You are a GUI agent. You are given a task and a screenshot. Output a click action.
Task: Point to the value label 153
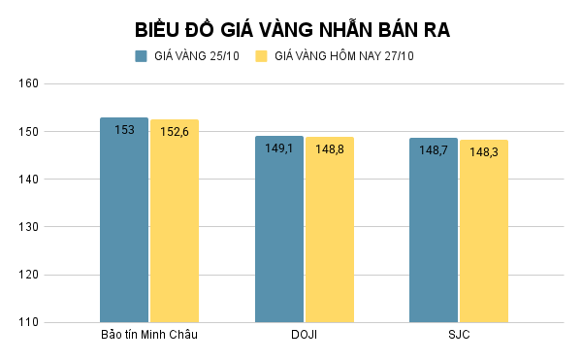[x=124, y=129]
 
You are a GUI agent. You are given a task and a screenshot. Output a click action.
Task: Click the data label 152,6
[x=175, y=131]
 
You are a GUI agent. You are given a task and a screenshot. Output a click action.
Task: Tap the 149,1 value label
[x=278, y=148]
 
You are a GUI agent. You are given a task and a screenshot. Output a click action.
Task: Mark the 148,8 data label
[x=330, y=149]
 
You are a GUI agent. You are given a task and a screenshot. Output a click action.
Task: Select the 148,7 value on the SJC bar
[x=433, y=150]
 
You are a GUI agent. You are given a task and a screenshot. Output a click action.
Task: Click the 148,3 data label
[x=484, y=152]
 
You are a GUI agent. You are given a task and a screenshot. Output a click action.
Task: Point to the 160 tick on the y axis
[x=28, y=83]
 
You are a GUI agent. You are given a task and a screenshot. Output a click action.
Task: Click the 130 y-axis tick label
[x=28, y=227]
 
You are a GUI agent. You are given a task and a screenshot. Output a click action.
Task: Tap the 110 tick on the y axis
[x=28, y=322]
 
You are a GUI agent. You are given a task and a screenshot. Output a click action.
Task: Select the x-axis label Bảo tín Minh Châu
[x=149, y=336]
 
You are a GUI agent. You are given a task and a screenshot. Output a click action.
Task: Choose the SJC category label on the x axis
[x=458, y=336]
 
